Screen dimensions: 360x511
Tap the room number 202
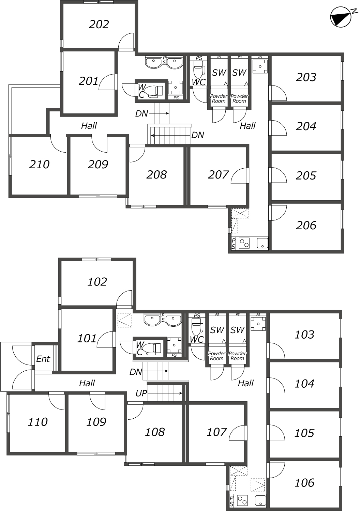pyautogui.click(x=99, y=25)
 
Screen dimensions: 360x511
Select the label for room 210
pyautogui.click(x=39, y=165)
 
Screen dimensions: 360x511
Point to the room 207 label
pyautogui.click(x=218, y=175)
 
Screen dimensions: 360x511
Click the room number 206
pyautogui.click(x=306, y=226)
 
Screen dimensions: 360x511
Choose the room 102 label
pyautogui.click(x=97, y=282)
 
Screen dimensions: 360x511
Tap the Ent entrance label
pyautogui.click(x=43, y=359)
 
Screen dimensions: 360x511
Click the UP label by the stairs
pyautogui.click(x=141, y=393)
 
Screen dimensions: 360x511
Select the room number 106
pyautogui.click(x=304, y=483)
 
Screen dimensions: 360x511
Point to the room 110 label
pyautogui.click(x=37, y=422)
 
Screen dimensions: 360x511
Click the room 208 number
pyautogui.click(x=156, y=175)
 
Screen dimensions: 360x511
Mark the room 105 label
pyautogui.click(x=304, y=433)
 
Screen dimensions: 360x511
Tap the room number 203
pyautogui.click(x=306, y=77)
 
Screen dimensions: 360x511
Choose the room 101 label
pyautogui.click(x=87, y=339)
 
